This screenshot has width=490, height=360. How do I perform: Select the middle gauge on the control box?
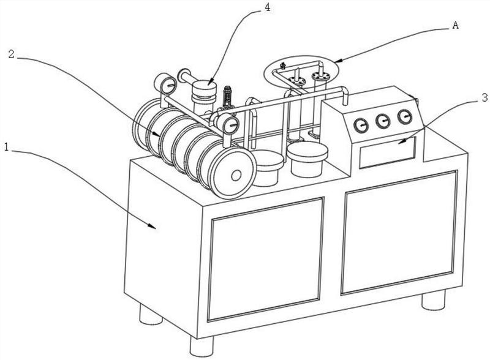(x=383, y=120)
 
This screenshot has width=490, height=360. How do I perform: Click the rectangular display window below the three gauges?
(x=386, y=151)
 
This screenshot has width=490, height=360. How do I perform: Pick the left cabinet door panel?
(x=266, y=257)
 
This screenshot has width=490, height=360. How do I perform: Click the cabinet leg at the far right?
(x=433, y=300)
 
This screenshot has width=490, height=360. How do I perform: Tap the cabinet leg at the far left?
(x=150, y=315)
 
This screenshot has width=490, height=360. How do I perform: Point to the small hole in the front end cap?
(x=236, y=176)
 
